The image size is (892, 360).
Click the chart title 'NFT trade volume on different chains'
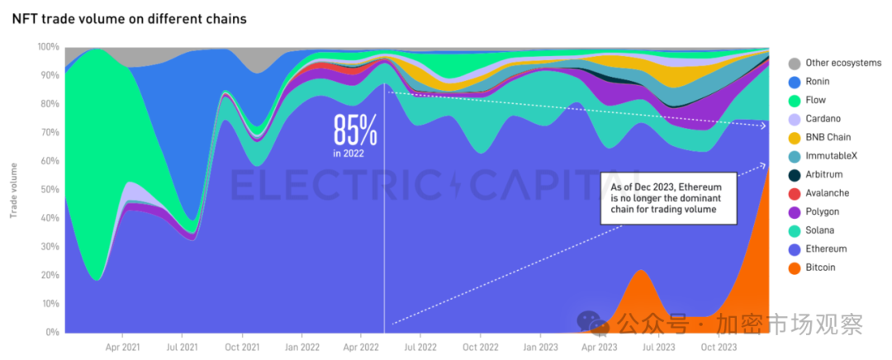(130, 19)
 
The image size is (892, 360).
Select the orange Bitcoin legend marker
(794, 268)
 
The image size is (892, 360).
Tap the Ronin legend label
(817, 82)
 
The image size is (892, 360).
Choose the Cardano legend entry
(823, 119)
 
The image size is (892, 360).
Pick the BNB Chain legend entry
(828, 137)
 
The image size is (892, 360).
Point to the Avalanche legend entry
(827, 193)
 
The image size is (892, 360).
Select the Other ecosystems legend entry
(842, 63)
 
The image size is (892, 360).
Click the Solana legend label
(819, 230)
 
